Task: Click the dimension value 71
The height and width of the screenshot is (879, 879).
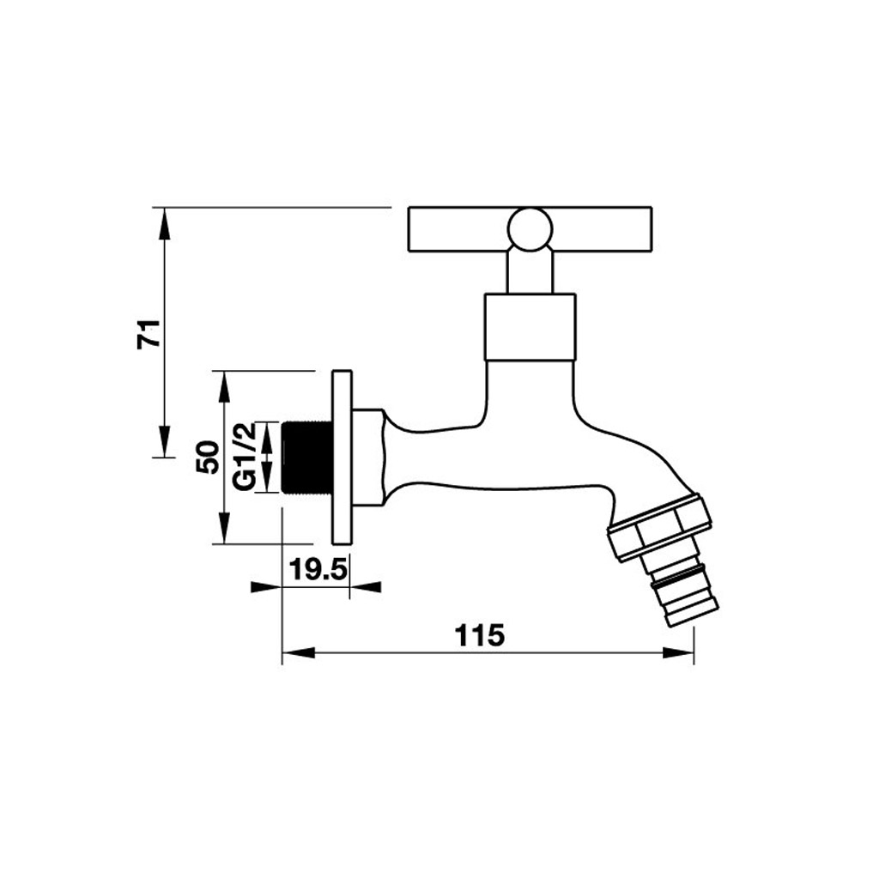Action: [149, 332]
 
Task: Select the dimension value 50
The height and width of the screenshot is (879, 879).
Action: [207, 458]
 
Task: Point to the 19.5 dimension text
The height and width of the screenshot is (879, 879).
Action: [315, 569]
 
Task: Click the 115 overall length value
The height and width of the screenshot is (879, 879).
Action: [479, 635]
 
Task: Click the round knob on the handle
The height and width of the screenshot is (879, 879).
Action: [530, 228]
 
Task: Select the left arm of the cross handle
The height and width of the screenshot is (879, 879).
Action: [456, 230]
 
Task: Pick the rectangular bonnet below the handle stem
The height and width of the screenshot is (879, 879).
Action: [530, 327]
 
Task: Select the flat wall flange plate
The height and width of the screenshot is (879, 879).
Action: [342, 458]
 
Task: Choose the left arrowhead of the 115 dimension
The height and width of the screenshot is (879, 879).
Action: [291, 653]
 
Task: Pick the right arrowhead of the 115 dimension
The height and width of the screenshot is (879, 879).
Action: [685, 653]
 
